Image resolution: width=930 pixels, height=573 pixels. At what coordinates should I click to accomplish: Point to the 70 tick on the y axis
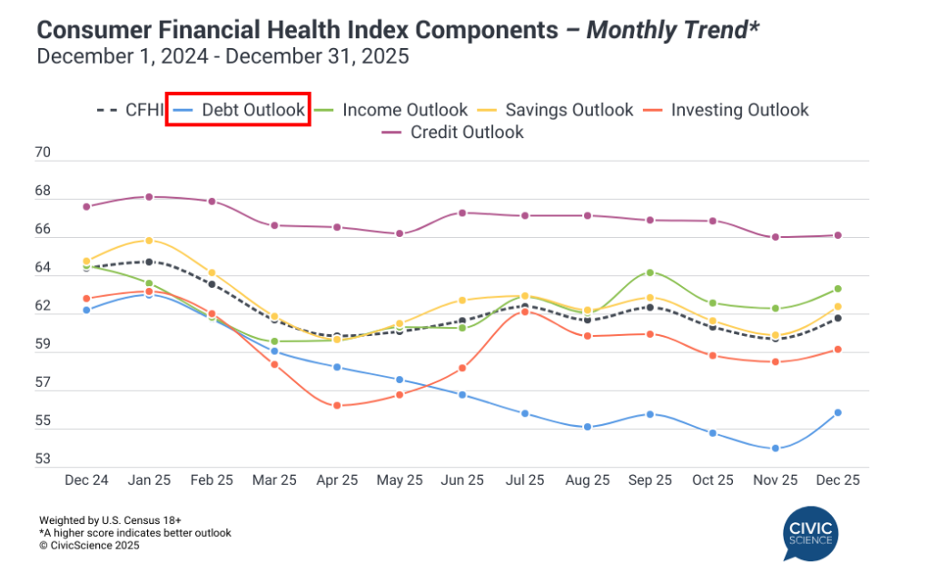click(x=43, y=153)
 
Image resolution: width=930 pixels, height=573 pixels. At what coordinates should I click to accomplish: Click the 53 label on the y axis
click(x=43, y=459)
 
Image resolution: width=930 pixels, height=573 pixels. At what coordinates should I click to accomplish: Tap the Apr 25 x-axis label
click(x=337, y=479)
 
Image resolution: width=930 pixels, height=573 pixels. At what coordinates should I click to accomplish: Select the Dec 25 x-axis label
click(x=838, y=479)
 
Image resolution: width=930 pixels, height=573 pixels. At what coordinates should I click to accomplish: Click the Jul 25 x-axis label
click(x=525, y=479)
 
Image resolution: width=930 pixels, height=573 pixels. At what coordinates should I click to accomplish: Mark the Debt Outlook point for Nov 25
click(x=776, y=449)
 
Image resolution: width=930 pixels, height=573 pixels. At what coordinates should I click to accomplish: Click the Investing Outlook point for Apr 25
click(x=337, y=405)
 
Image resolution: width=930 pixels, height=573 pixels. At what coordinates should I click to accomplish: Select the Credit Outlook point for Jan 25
click(x=149, y=196)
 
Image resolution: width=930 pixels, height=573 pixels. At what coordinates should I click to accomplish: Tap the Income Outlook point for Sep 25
click(x=650, y=272)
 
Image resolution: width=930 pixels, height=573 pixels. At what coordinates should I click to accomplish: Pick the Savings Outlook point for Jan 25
click(x=149, y=241)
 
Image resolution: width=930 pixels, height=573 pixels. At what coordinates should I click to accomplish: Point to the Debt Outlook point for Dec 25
click(x=838, y=412)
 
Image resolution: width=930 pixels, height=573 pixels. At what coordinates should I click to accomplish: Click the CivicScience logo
click(x=810, y=536)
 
